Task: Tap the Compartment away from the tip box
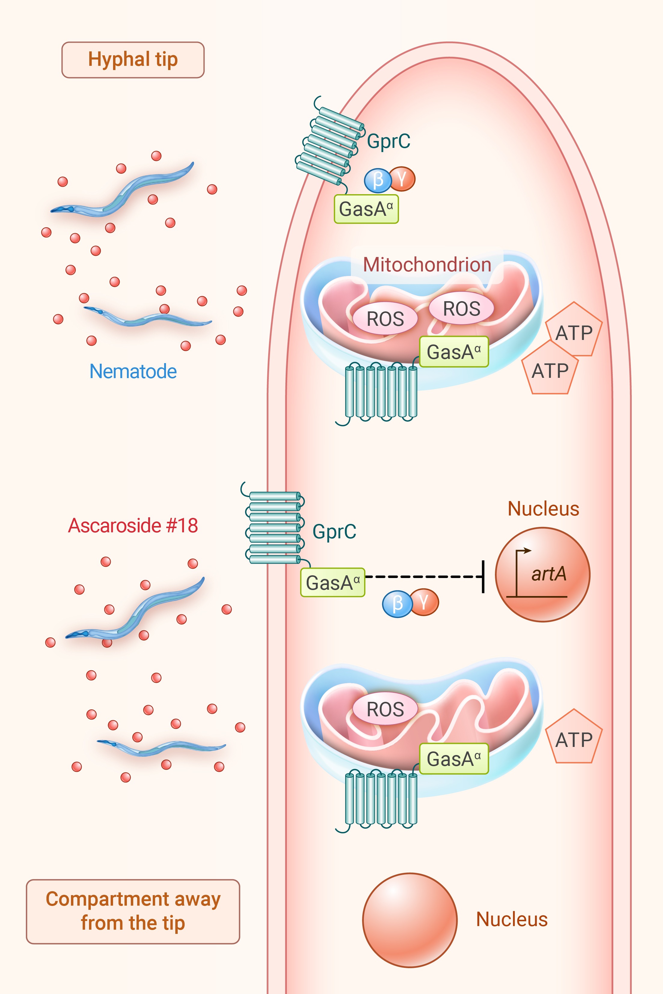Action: pos(133,911)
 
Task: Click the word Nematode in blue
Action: pos(133,372)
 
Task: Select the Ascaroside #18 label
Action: pos(133,526)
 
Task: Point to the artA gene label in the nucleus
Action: pos(549,574)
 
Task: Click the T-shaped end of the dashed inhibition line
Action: pos(483,577)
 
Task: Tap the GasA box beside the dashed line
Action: pos(332,583)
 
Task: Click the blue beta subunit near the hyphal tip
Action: pos(378,180)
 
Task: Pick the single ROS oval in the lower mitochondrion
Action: pos(385,709)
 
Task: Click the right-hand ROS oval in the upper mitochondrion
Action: pos(461,308)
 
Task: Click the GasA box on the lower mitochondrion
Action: pos(454,759)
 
